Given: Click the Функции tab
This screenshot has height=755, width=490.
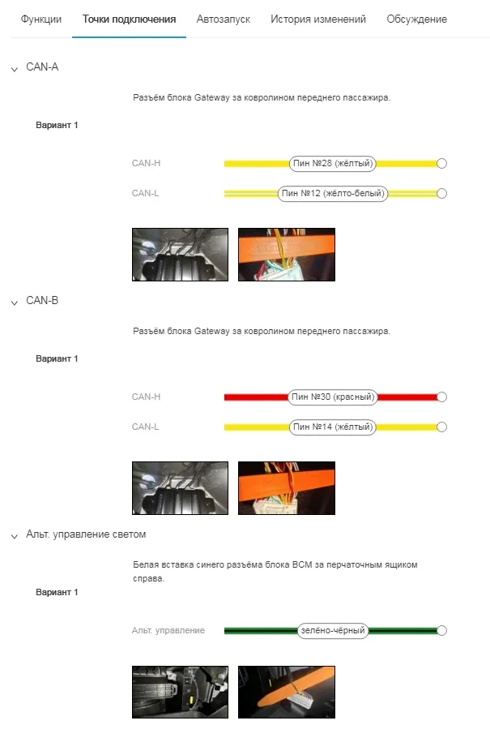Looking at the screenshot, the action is coord(40,19).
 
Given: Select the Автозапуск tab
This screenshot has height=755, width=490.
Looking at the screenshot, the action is coord(223,19).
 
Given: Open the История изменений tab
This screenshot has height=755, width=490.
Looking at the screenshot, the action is coord(317,19).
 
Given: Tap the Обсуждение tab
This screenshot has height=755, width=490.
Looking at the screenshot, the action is coord(416,19).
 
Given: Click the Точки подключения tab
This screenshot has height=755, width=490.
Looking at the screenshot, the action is coord(129,19).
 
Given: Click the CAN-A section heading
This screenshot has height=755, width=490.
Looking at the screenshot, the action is coord(42,67).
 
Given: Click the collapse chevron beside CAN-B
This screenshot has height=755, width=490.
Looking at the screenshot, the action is coord(15,302).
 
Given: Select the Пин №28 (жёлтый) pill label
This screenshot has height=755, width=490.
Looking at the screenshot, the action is coord(333,163).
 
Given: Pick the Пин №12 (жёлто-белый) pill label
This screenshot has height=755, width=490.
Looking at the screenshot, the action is coord(333,193).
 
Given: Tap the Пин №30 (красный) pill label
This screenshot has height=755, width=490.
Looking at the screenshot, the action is coord(333,397).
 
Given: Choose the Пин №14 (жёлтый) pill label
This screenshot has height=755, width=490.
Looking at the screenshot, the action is coord(333,427).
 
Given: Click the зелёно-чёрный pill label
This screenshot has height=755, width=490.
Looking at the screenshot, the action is coord(333,630).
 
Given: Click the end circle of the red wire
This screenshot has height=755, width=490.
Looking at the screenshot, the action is coord(442,397).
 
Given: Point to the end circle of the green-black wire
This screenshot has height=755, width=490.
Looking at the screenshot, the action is coord(442,630).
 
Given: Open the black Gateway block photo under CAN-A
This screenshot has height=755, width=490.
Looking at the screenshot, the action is coord(181,255).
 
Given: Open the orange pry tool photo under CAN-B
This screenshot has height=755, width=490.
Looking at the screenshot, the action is coord(287,488).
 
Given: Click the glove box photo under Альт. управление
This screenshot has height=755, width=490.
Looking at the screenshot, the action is coord(181,693).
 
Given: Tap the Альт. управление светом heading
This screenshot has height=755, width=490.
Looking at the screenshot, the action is coord(86,534).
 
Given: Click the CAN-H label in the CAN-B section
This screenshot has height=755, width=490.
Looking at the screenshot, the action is coord(146,397).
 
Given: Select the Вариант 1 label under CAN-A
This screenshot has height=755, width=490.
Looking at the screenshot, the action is coord(57,125).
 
